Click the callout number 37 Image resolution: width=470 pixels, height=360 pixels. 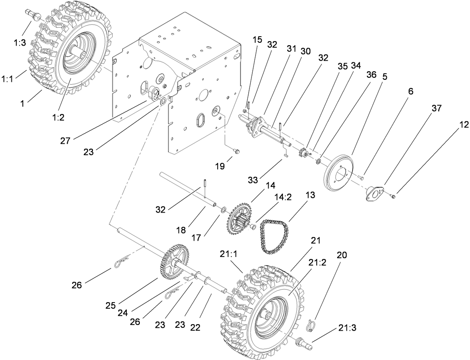click(x=437, y=108)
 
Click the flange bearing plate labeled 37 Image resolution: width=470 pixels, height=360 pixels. click(x=374, y=193)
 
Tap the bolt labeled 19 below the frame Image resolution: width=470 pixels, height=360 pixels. click(x=236, y=151)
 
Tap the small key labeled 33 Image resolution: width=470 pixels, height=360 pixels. click(x=286, y=154)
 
